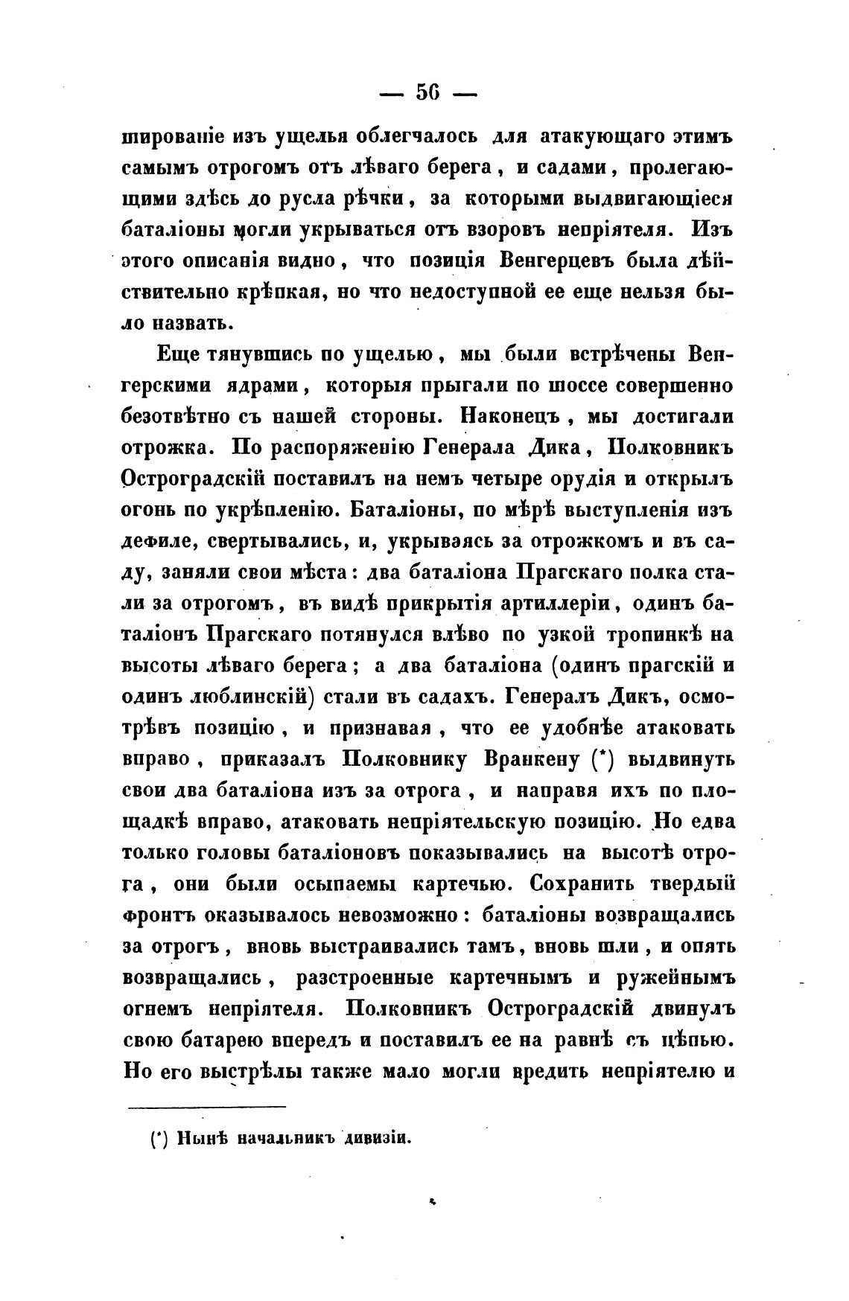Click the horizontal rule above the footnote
point(206,1107)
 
